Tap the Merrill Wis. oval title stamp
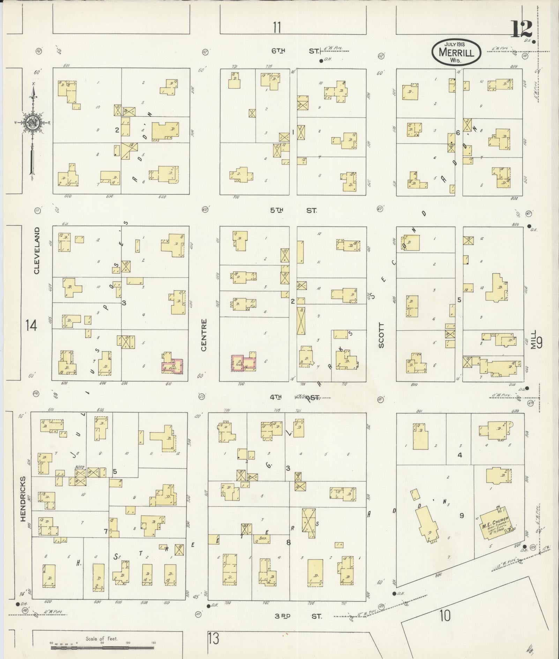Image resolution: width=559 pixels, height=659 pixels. click(x=456, y=52)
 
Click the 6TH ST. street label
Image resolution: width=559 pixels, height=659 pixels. click(x=295, y=51)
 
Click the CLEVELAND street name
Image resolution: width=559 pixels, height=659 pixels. click(x=37, y=250)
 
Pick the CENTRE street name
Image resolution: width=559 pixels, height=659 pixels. click(x=204, y=335)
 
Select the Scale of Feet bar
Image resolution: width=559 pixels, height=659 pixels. click(x=102, y=647)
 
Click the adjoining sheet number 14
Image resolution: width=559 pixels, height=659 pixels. click(x=31, y=326)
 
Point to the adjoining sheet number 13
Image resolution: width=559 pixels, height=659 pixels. click(x=213, y=639)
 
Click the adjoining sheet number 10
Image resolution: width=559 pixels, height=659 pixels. click(x=445, y=615)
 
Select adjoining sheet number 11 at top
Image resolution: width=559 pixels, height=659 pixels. click(x=277, y=27)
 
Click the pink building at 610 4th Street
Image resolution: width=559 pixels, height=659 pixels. click(x=172, y=367)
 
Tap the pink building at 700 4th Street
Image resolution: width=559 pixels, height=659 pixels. click(x=244, y=363)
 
